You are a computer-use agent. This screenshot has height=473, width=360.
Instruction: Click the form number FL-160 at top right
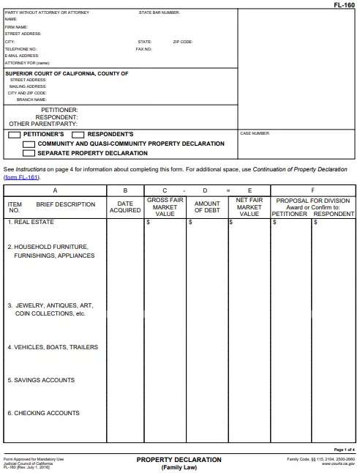click(345, 4)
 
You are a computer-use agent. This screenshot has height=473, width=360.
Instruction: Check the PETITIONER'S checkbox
click(15, 135)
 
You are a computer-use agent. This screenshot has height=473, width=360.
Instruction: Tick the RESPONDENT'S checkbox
click(78, 135)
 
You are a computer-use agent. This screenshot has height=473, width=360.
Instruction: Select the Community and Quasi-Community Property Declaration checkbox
click(29, 144)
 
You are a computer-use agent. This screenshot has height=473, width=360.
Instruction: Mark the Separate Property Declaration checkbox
click(29, 154)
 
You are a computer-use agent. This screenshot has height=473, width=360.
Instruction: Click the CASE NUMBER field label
click(255, 133)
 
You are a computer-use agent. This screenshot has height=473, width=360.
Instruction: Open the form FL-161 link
click(21, 177)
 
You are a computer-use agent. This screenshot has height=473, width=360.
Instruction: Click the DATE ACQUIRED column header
click(125, 207)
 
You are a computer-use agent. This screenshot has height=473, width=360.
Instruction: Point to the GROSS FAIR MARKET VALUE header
click(165, 207)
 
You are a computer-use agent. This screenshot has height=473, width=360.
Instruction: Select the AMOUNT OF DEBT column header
click(207, 207)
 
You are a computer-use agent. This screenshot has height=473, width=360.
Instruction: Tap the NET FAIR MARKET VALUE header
click(249, 207)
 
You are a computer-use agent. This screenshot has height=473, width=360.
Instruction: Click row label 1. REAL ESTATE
click(31, 222)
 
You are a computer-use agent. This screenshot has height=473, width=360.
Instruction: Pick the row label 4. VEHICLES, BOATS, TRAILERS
click(53, 347)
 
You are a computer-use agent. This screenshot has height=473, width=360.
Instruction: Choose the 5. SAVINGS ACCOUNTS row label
click(41, 380)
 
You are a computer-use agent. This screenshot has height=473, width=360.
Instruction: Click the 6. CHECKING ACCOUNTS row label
click(43, 413)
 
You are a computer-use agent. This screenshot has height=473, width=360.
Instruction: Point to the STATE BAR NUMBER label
click(159, 13)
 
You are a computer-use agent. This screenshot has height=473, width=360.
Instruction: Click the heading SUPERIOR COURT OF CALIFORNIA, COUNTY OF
click(67, 73)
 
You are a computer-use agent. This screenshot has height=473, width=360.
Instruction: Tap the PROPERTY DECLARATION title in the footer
click(179, 460)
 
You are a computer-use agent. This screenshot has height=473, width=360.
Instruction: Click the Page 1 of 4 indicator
click(344, 450)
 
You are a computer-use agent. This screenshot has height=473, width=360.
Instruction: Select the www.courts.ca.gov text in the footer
click(338, 463)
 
